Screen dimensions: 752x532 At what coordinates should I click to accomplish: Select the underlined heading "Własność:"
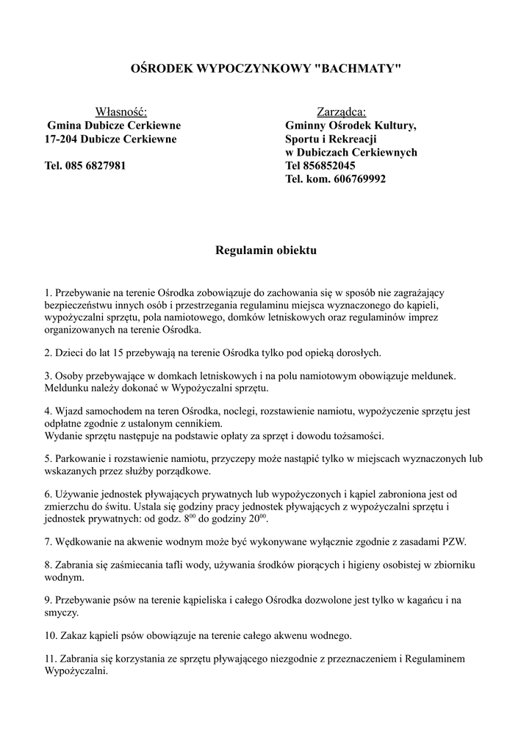click(121, 112)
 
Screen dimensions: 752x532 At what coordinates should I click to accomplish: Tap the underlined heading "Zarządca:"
click(341, 112)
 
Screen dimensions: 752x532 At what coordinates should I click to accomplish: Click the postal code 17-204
click(61, 139)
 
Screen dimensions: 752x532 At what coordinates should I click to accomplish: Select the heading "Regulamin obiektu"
click(265, 251)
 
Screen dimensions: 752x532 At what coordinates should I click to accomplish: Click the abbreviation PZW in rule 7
click(455, 541)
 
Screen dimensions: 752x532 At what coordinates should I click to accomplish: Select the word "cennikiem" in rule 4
click(197, 424)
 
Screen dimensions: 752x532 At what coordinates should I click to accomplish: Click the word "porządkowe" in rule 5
click(184, 471)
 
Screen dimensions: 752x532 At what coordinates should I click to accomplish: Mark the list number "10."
click(51, 635)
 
